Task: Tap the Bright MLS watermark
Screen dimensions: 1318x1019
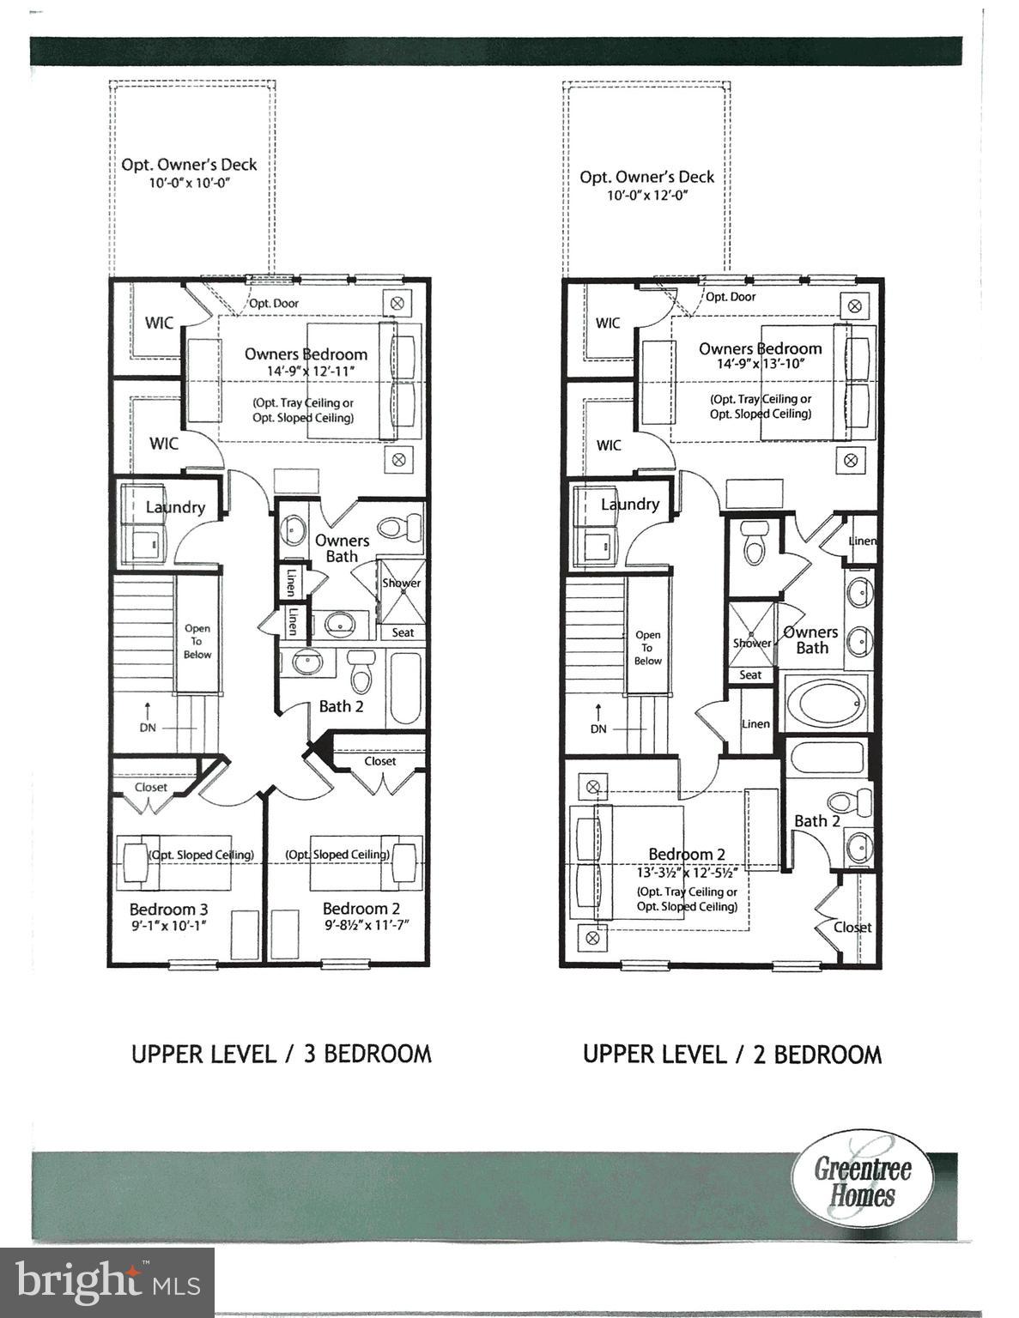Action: click(x=107, y=1282)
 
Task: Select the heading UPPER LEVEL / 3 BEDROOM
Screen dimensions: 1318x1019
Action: click(x=281, y=1054)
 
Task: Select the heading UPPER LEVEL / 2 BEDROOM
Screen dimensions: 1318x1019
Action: click(x=731, y=1054)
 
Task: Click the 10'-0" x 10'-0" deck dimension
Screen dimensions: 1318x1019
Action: click(x=189, y=184)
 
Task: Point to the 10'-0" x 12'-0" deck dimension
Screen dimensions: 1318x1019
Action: click(x=647, y=196)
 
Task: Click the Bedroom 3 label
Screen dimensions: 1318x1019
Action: click(x=168, y=909)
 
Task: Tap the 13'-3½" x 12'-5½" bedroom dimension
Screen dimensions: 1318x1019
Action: click(x=687, y=872)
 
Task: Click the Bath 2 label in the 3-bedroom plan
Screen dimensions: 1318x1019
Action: click(x=341, y=706)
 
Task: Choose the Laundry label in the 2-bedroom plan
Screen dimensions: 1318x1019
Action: click(x=629, y=505)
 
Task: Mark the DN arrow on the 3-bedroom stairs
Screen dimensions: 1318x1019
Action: click(x=148, y=716)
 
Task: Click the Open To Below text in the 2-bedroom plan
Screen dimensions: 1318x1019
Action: click(x=647, y=648)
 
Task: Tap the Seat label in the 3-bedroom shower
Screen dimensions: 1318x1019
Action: click(x=403, y=632)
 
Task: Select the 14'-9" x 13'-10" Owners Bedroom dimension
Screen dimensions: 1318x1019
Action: click(x=760, y=364)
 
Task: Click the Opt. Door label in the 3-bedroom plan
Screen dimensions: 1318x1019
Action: click(x=274, y=303)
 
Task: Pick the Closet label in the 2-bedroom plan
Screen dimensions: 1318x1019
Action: click(x=852, y=927)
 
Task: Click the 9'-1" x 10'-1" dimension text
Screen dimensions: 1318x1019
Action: click(x=168, y=926)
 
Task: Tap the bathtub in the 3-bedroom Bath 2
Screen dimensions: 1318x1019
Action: click(x=404, y=688)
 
